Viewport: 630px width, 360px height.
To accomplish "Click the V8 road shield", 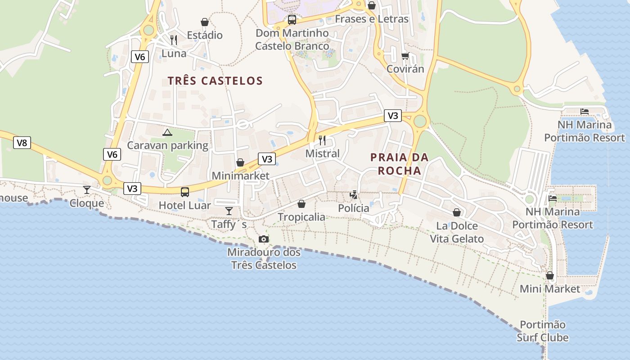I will tap(22, 143).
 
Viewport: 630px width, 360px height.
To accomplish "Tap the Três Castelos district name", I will tap(215, 81).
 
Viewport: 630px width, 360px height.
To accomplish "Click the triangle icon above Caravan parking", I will tap(167, 132).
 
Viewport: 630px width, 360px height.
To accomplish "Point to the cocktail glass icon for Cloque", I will tap(87, 190).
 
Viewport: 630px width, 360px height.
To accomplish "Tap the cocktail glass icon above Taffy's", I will tap(229, 211).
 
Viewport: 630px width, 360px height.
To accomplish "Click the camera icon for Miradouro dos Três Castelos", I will tap(264, 239).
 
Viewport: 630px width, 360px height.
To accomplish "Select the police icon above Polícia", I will tap(354, 195).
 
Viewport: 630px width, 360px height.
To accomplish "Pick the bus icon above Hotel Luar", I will tap(185, 192).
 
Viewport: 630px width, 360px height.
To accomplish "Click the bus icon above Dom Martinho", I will tap(292, 19).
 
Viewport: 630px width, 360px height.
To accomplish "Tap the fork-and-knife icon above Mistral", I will tap(322, 140).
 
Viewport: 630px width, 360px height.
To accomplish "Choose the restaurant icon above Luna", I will tap(174, 40).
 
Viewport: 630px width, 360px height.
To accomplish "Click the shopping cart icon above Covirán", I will tap(405, 56).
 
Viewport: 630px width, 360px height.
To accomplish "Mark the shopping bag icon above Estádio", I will tap(205, 22).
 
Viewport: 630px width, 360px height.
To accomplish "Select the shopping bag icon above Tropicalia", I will tap(301, 204).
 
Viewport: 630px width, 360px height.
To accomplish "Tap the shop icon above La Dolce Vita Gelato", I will tap(457, 212).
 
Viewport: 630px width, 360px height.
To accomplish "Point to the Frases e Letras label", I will tap(372, 19).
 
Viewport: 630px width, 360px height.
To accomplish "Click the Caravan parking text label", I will tap(167, 145).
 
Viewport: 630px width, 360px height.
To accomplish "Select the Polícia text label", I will tap(354, 208).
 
